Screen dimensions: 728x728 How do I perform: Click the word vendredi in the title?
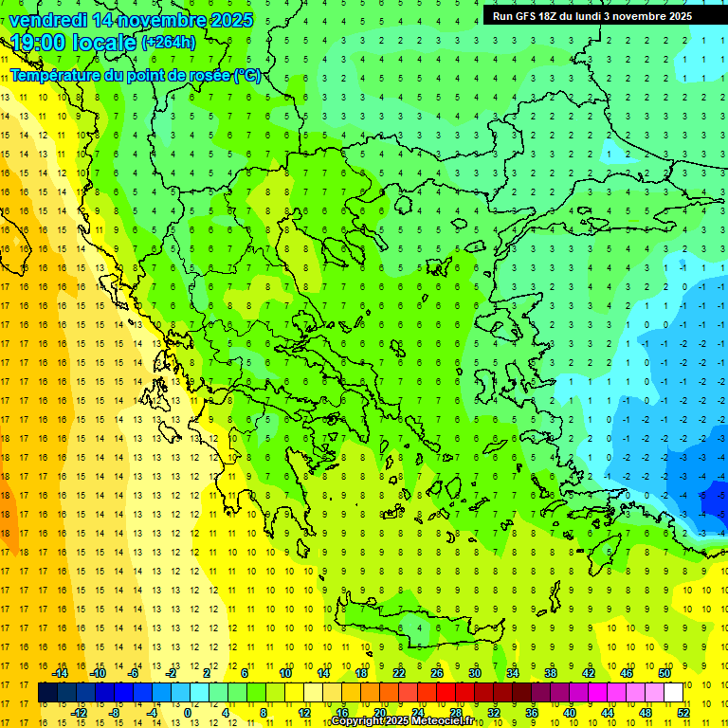[x=48, y=20]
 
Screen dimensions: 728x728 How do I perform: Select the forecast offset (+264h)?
[x=169, y=43]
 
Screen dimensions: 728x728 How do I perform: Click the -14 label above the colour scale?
[x=60, y=673]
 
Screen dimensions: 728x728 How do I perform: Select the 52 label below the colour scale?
[x=683, y=712]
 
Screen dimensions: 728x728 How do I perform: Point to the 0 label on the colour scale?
[x=188, y=712]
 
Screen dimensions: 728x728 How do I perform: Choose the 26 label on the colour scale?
[x=437, y=673]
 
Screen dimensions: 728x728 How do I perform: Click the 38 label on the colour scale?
[x=550, y=673]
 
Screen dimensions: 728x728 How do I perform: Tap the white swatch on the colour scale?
[x=674, y=693]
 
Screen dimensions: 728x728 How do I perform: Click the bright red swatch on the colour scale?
[x=446, y=693]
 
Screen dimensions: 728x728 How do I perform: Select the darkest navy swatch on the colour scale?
[x=48, y=693]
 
